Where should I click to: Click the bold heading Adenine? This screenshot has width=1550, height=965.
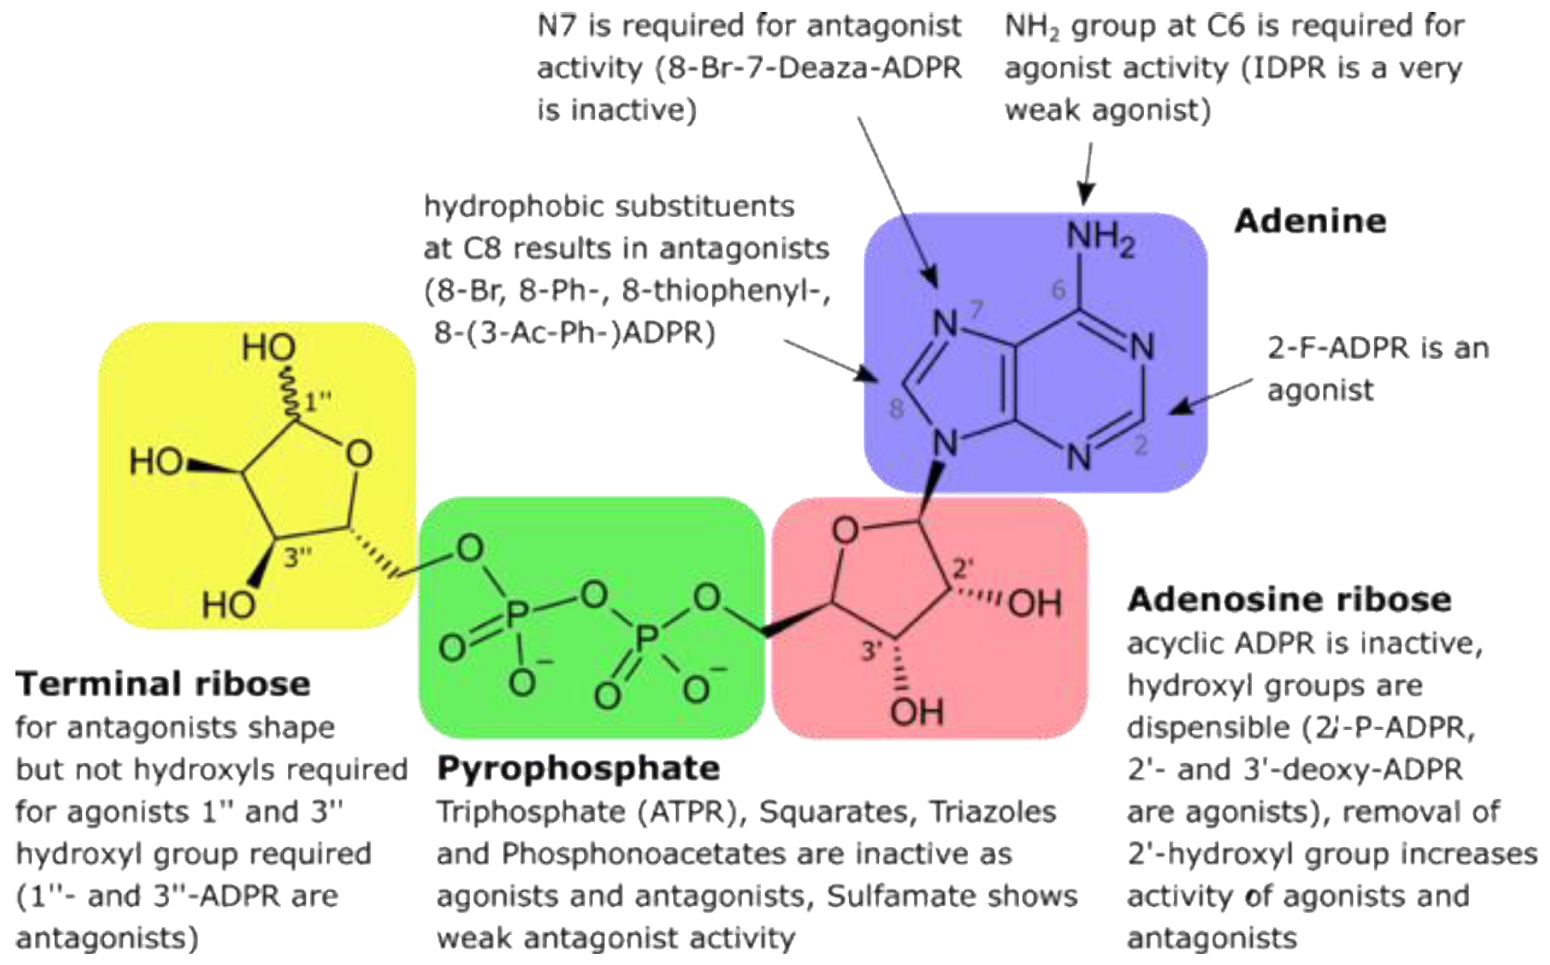coord(1310,222)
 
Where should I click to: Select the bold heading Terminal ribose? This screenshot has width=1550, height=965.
coord(163,684)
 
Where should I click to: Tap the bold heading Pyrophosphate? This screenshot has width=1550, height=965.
coord(579,769)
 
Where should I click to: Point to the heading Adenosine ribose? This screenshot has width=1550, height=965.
coord(1289,600)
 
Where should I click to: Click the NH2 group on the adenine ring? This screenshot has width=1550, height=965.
coord(1099,238)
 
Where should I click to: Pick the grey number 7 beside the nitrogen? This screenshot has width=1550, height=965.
coord(977,309)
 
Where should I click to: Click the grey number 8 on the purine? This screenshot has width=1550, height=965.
coord(896,409)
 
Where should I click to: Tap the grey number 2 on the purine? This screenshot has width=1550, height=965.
coord(1141,445)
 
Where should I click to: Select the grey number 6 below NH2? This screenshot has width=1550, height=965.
coord(1058,289)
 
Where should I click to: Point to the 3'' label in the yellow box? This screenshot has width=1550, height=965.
coord(297,558)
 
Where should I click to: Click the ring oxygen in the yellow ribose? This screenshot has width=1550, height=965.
coord(359,454)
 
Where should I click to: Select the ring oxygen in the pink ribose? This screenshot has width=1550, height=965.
coord(845,531)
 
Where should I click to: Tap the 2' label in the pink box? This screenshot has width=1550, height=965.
coord(962,569)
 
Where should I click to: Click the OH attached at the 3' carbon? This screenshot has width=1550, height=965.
coord(917,713)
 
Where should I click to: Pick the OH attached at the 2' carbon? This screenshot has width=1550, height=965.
coord(1035,603)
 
